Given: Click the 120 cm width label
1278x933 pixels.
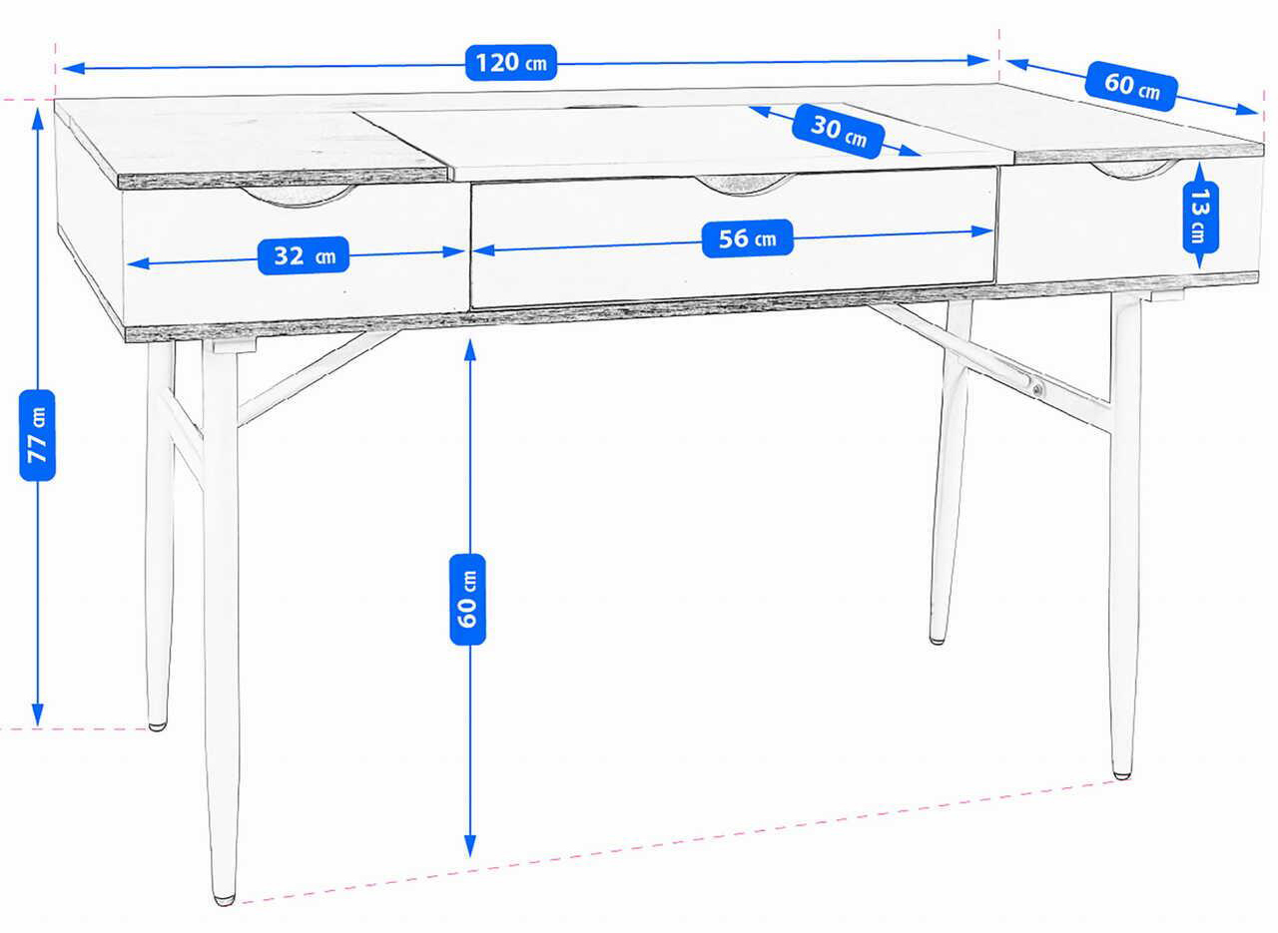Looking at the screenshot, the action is click(510, 62).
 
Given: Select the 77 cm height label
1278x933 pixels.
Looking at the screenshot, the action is click(37, 435).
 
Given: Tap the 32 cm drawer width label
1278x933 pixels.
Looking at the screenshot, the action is click(304, 255).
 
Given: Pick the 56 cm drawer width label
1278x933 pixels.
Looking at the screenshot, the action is click(748, 238).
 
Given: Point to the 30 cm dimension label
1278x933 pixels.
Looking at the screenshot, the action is click(838, 131).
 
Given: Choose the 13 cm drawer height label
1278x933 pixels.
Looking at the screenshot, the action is click(1200, 218).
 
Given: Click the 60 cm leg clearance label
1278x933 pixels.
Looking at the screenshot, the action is click(467, 600).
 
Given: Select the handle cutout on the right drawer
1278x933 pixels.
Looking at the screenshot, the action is click(1133, 169).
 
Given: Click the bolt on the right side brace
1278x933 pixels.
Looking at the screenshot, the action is click(1037, 390).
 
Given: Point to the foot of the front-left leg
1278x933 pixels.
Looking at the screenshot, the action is click(225, 900).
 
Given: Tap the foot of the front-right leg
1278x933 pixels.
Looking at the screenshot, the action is click(1122, 775).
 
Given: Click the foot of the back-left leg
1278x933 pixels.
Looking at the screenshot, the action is click(158, 726).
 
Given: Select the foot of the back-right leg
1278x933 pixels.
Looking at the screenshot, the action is click(937, 641).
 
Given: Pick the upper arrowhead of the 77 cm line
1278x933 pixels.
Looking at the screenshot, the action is click(38, 119).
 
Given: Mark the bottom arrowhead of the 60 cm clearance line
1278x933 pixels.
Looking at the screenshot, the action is click(469, 846).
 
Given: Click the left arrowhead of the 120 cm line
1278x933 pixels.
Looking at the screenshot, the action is click(73, 69).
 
